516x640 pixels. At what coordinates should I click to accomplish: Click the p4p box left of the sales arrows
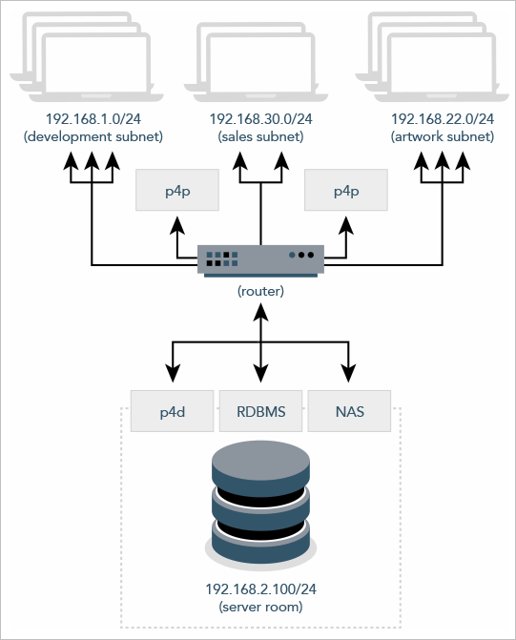coord(177,191)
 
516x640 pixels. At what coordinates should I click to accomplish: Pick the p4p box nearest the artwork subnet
coord(345,191)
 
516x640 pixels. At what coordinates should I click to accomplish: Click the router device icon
coord(260,259)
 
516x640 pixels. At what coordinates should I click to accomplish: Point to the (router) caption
coord(260,289)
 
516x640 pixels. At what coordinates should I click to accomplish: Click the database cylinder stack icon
coord(260,505)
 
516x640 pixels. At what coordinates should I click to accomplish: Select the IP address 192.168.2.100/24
coord(260,590)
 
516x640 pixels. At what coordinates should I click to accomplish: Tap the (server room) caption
coord(260,608)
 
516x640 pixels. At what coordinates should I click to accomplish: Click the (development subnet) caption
coord(92,136)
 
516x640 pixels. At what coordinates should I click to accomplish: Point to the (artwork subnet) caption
coord(443,136)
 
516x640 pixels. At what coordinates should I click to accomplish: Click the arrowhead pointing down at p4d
coord(173,375)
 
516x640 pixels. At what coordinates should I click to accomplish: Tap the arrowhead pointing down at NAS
coord(348,375)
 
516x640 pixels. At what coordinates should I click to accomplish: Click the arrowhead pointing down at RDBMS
coord(260,375)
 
